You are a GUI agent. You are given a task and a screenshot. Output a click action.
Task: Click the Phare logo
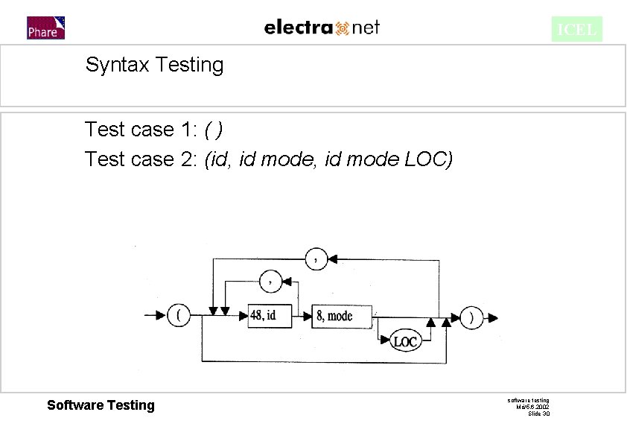(x=45, y=28)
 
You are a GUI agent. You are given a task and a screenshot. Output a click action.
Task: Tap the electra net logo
(x=322, y=28)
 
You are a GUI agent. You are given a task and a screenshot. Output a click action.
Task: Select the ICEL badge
(x=576, y=30)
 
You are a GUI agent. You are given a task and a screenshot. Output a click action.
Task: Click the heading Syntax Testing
(x=154, y=65)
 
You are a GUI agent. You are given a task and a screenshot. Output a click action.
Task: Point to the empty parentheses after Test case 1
(x=214, y=130)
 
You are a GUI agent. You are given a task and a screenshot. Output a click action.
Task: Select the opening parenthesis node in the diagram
(x=179, y=316)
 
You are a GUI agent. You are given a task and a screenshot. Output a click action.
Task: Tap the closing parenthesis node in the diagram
(x=471, y=317)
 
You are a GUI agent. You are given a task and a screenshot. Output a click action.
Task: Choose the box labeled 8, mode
(x=334, y=316)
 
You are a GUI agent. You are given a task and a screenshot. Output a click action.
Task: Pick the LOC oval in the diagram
(x=405, y=342)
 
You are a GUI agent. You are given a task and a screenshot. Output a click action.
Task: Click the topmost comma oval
(x=317, y=259)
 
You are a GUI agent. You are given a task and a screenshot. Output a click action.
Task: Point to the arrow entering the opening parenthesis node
(x=159, y=316)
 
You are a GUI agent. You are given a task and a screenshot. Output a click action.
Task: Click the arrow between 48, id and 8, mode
(x=301, y=316)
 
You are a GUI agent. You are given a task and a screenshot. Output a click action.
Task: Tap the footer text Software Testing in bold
(x=101, y=405)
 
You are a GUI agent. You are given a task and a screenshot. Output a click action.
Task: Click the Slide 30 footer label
(x=538, y=413)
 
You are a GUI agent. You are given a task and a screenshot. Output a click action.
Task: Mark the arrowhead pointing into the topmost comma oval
(x=334, y=259)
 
